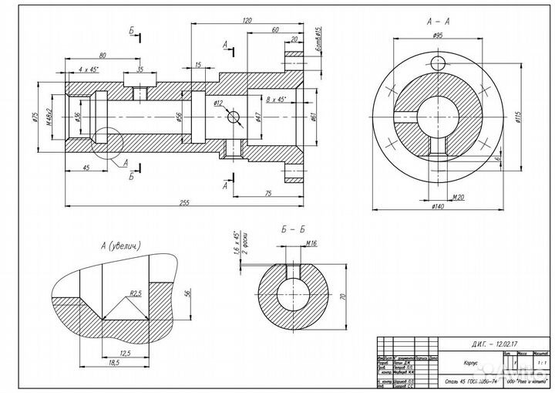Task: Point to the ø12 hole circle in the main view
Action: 234,117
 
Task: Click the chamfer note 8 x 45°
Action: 274,100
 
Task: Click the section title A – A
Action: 437,22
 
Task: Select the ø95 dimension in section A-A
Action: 437,36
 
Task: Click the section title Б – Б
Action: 294,229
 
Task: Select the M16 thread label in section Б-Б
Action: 311,243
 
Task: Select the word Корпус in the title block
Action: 452,361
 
